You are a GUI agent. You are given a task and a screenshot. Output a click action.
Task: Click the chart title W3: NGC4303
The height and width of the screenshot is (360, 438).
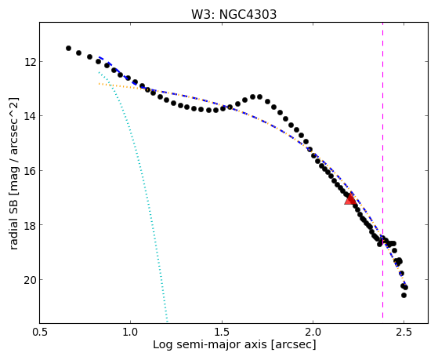233,14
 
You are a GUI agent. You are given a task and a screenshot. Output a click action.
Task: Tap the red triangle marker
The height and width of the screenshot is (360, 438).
350,199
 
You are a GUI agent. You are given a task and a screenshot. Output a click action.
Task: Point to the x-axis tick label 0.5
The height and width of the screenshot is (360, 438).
40,333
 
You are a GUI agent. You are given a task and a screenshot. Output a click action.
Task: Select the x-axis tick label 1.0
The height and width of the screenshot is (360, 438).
130,333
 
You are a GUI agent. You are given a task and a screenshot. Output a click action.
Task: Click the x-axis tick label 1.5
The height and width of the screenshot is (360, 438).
222,333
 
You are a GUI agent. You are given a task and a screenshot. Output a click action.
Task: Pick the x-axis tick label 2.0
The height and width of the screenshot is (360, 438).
313,333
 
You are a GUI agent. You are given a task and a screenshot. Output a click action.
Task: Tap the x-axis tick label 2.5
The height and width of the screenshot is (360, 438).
404,333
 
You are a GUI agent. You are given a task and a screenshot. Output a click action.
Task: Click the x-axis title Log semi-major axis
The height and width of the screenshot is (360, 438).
210,345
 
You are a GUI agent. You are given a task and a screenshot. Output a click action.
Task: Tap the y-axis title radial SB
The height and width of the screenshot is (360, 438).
13,224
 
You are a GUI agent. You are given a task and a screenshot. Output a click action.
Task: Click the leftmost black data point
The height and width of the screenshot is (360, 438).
68,48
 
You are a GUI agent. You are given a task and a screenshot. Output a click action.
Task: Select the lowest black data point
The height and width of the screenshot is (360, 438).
404,295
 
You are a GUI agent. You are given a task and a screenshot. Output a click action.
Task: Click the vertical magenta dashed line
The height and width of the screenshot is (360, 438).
382,170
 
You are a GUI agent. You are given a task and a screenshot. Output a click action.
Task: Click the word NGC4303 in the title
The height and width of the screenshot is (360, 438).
248,14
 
